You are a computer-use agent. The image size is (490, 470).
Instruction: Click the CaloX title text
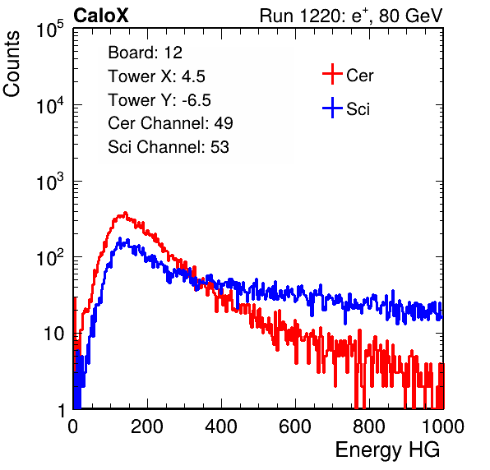coord(101,16)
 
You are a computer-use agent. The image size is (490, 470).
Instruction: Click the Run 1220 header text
coord(351,16)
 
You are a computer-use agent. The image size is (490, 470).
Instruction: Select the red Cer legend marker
coord(332,74)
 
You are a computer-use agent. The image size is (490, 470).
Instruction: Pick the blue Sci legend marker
coord(332,108)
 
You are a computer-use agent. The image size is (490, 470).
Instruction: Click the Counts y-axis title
coord(12,64)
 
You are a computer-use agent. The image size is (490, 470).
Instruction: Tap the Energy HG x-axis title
coord(387,450)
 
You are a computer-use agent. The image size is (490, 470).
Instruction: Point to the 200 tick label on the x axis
coord(147,426)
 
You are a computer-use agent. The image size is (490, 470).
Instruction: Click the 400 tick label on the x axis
coord(221,426)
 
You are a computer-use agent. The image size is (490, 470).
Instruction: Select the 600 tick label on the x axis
coord(295,426)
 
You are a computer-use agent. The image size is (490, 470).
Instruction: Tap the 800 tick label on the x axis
coord(369,426)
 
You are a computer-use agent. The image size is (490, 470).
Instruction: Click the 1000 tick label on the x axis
coord(443,426)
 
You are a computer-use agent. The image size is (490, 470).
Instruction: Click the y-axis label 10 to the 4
coord(49,105)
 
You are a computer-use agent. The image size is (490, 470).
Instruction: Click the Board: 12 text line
coord(145,53)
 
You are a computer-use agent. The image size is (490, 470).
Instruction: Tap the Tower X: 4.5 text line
coord(156,76)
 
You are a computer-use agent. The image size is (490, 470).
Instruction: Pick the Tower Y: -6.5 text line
coord(159,100)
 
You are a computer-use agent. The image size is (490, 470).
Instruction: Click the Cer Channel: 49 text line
coord(170,123)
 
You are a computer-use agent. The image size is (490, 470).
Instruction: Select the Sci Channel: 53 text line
coord(169,147)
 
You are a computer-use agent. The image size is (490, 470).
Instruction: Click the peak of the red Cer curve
coord(125,213)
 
